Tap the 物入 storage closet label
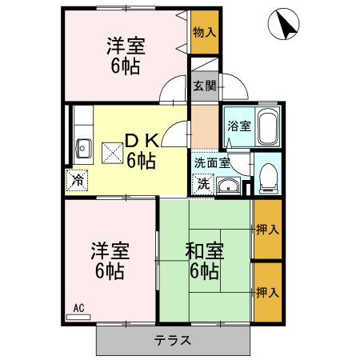pos(203,32)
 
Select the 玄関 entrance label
pos(203,86)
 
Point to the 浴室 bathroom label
pos(238,126)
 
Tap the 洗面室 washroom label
pos(212,162)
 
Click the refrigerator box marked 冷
pos(78,178)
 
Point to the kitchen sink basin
pos(82,147)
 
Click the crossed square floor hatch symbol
pos(110,148)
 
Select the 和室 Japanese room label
pos(206,251)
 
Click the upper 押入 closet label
pos(268,230)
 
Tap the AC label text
pos(78,307)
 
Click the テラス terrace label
pos(172,340)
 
